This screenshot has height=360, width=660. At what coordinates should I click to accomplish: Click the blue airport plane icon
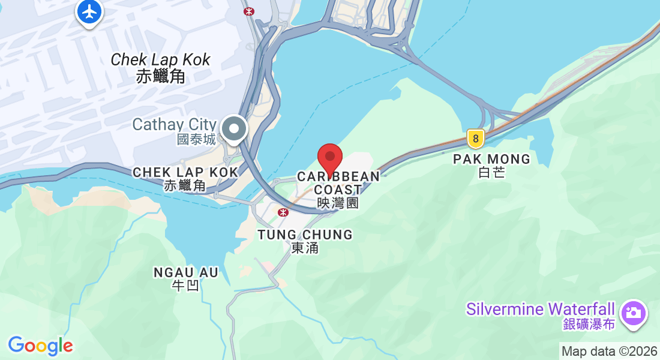point(89,11)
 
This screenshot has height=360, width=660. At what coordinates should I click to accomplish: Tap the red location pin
point(329,158)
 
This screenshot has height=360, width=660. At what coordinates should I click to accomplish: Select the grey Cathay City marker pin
point(234,128)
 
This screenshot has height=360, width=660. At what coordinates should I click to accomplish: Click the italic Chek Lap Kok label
point(161,60)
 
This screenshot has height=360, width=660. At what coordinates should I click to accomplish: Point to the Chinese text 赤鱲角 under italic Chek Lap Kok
point(161,76)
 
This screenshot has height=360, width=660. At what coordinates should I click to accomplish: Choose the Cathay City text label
point(174,124)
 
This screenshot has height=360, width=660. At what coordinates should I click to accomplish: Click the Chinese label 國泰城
point(196,139)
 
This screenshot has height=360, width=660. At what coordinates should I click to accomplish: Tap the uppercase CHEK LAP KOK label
point(185,172)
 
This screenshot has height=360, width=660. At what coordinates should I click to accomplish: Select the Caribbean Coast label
point(338,183)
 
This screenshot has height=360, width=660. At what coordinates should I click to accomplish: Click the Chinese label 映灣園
point(338,203)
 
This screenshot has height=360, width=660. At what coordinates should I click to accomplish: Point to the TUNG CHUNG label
point(305,235)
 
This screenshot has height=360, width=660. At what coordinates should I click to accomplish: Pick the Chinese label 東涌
point(305,248)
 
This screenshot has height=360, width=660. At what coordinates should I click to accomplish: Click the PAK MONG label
point(492,159)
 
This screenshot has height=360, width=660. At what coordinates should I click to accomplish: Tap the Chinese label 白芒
point(492,173)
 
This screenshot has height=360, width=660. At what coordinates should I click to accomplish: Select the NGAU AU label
point(186,272)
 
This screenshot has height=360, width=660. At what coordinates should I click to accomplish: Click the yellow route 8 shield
point(476,139)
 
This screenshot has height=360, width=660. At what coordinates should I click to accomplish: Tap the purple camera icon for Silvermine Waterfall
point(634,313)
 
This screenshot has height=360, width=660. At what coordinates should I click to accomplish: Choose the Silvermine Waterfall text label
point(541,310)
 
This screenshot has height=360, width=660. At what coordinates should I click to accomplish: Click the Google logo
point(40,346)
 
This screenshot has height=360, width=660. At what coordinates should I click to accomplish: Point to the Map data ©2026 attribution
point(610,352)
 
